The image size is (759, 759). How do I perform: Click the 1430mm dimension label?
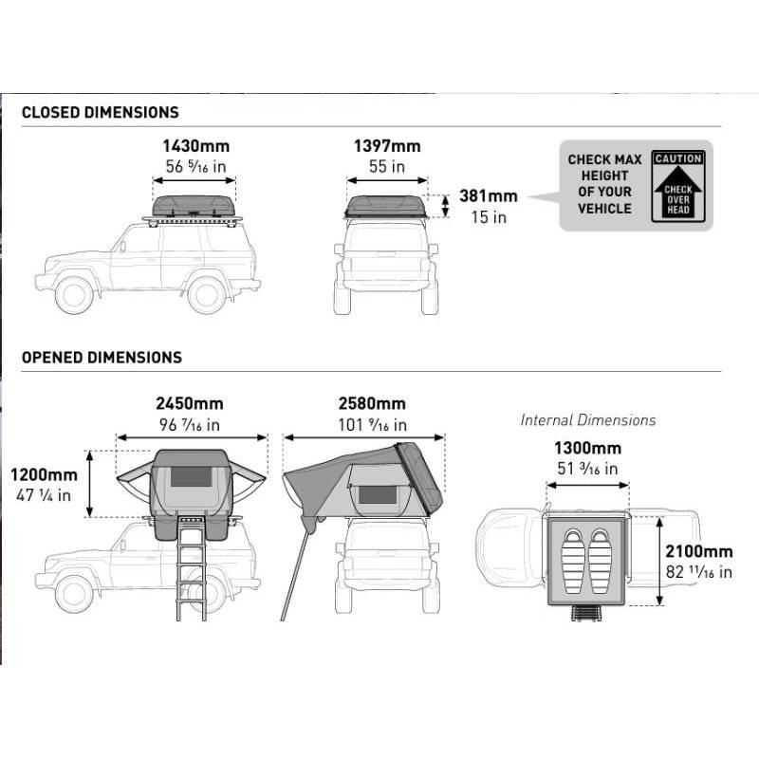pyautogui.click(x=195, y=146)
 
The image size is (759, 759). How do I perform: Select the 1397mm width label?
pyautogui.click(x=387, y=146)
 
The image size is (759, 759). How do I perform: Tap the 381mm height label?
pyautogui.click(x=489, y=196)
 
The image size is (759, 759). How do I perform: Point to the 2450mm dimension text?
pyautogui.click(x=189, y=403)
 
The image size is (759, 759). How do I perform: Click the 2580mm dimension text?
pyautogui.click(x=372, y=403)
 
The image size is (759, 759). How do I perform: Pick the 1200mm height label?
pyautogui.click(x=44, y=475)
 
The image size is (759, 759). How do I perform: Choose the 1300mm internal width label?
pyautogui.click(x=587, y=448)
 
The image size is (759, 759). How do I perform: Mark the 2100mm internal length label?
pyautogui.click(x=699, y=551)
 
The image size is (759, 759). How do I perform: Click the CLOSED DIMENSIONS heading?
pyautogui.click(x=101, y=112)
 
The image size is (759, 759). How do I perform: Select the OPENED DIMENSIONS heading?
pyautogui.click(x=102, y=358)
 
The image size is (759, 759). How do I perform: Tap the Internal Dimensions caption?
pyautogui.click(x=587, y=420)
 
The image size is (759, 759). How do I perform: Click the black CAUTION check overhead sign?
pyautogui.click(x=677, y=186)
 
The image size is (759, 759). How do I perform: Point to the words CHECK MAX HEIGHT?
pyautogui.click(x=604, y=168)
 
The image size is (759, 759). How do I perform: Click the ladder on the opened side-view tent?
pyautogui.click(x=192, y=567)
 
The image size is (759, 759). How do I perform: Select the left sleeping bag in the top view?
pyautogui.click(x=572, y=562)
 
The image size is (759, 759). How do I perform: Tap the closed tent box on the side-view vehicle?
pyautogui.click(x=194, y=206)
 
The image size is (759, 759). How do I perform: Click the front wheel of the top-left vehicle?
pyautogui.click(x=74, y=295)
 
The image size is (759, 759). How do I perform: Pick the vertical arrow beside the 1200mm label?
pyautogui.click(x=89, y=484)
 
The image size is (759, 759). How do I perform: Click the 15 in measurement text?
pyautogui.click(x=489, y=217)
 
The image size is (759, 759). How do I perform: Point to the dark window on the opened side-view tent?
pyautogui.click(x=192, y=477)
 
